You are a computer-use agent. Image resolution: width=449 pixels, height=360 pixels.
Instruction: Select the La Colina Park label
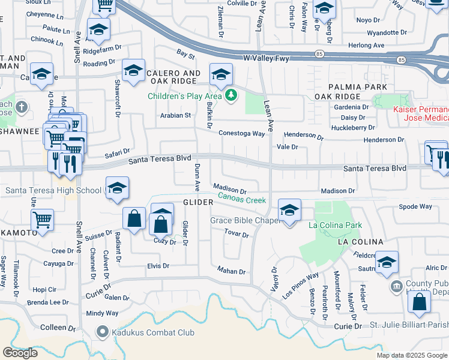tap(335, 226)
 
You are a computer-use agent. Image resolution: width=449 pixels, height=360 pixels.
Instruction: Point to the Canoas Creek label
tap(241, 197)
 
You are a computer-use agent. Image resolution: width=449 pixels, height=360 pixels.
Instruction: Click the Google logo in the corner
tap(20, 353)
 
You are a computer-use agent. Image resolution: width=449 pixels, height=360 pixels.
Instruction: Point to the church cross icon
tap(22, 107)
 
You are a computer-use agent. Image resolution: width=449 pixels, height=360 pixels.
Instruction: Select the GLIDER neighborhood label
tap(196, 203)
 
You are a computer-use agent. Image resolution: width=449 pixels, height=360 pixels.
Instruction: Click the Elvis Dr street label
tap(158, 265)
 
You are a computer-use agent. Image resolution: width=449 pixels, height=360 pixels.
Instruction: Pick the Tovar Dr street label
tap(237, 233)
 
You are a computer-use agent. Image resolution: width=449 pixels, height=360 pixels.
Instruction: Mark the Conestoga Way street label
tap(241, 134)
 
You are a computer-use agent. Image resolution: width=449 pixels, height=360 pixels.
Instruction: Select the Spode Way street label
tap(415, 206)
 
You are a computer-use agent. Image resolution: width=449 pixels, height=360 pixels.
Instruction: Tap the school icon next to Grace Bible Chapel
tap(289, 211)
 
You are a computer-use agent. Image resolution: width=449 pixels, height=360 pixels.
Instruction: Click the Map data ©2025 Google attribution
tap(412, 355)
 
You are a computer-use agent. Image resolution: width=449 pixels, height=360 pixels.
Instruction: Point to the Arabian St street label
tap(175, 115)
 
